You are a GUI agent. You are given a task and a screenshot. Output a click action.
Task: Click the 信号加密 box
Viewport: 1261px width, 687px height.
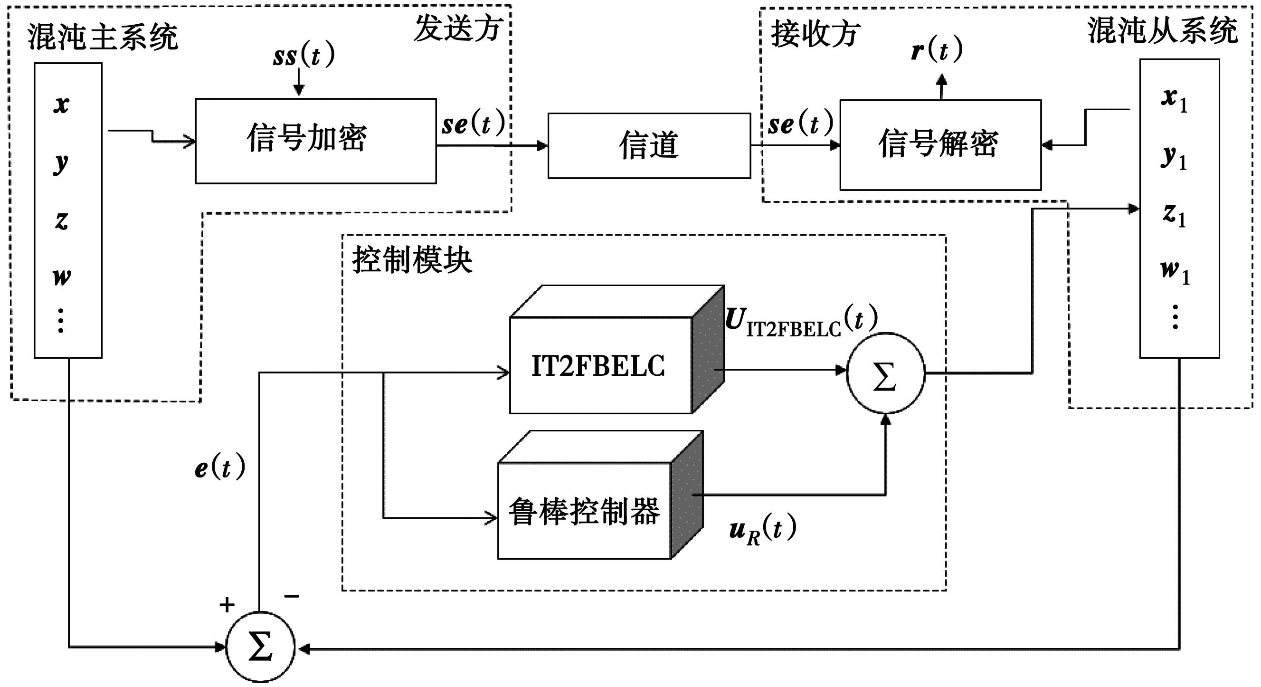click(315, 141)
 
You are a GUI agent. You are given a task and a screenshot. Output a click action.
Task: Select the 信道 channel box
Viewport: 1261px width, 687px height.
click(649, 145)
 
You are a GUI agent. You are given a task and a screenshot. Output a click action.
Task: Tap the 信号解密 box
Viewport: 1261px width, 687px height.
click(940, 144)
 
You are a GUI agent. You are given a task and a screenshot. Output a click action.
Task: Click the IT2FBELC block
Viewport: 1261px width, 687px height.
click(600, 365)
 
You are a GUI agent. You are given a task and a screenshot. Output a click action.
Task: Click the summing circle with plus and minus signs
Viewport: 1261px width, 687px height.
click(260, 647)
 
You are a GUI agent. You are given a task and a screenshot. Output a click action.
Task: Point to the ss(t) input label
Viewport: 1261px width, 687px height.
click(303, 55)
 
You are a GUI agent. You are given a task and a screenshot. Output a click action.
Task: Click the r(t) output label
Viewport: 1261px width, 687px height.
click(937, 49)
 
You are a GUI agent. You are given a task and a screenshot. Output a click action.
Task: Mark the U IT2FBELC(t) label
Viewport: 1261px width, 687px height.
click(801, 322)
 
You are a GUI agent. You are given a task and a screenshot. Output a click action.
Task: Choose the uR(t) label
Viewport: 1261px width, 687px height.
click(762, 529)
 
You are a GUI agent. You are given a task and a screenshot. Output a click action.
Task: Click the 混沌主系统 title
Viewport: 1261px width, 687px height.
click(102, 37)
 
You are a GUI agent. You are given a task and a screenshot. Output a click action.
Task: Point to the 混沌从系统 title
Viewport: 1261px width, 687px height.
click(1163, 30)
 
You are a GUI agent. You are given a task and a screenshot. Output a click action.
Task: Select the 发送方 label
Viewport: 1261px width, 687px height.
click(458, 28)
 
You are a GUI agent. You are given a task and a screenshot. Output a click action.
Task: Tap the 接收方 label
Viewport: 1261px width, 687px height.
click(815, 34)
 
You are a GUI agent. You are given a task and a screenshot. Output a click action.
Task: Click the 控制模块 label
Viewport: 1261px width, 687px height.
click(412, 259)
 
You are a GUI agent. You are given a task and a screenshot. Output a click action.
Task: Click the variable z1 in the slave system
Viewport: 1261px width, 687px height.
click(1175, 214)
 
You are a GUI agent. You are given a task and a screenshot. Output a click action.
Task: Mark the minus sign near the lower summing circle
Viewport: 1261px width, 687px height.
click(292, 596)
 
